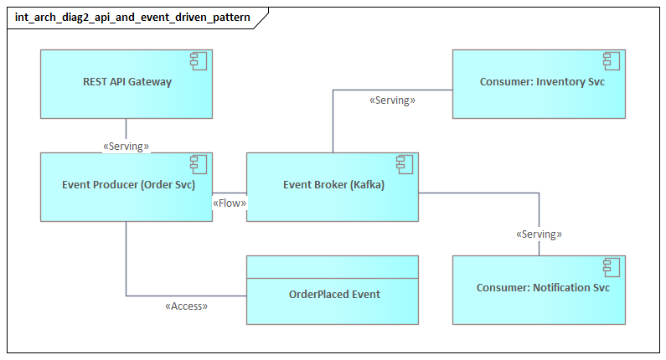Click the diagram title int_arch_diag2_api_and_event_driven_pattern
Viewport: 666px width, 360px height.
pos(132,17)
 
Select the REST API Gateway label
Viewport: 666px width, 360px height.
pos(126,82)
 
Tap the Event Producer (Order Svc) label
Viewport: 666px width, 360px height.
pos(126,185)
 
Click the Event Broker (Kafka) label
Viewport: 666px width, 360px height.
pos(333,185)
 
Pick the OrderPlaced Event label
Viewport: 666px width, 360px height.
pos(334,294)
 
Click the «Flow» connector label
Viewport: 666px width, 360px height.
pos(230,203)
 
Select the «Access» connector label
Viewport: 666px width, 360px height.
pos(186,306)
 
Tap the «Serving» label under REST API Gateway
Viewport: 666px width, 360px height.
pos(126,147)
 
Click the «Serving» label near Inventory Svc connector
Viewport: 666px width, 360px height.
pos(392,100)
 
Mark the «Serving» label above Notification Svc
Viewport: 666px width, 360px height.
pos(539,234)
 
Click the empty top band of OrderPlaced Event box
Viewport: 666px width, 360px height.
pos(333,266)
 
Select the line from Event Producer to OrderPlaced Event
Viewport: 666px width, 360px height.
pos(126,260)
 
